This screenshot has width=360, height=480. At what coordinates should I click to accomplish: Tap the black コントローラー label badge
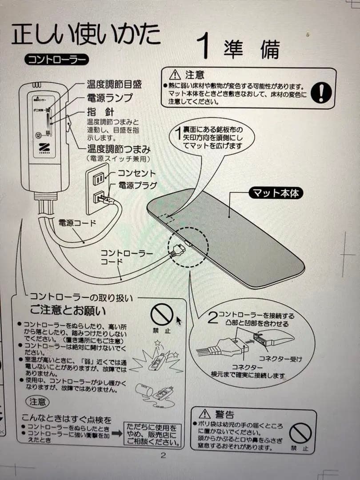tap(56, 60)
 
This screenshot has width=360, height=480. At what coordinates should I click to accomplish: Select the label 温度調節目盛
tap(114, 84)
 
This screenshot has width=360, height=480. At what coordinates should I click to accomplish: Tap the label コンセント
tap(136, 173)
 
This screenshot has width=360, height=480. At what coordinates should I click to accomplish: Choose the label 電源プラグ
tap(137, 184)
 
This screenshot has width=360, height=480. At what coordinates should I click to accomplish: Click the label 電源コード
tap(77, 223)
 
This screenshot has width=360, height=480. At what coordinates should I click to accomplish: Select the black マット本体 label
tap(276, 193)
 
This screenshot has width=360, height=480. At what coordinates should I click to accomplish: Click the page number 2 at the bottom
tap(163, 455)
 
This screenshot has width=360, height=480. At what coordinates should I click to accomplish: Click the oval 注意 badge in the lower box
tap(37, 402)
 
